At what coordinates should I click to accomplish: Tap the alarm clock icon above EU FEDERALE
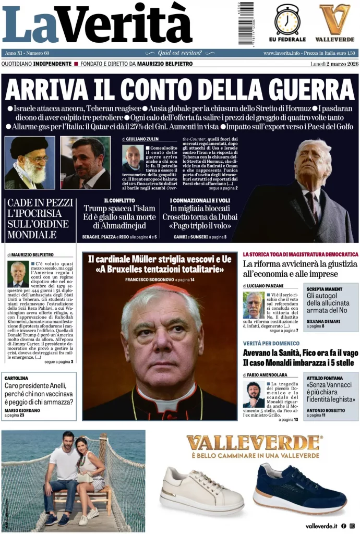pyautogui.click(x=287, y=19)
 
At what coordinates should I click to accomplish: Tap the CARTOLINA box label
pyautogui.click(x=16, y=378)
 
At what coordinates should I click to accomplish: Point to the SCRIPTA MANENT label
pyautogui.click(x=325, y=288)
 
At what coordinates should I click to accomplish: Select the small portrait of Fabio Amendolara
pyautogui.click(x=254, y=394)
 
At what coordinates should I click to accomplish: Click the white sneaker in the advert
pyautogui.click(x=201, y=490)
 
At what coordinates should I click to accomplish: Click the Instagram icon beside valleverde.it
pyautogui.click(x=352, y=526)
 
